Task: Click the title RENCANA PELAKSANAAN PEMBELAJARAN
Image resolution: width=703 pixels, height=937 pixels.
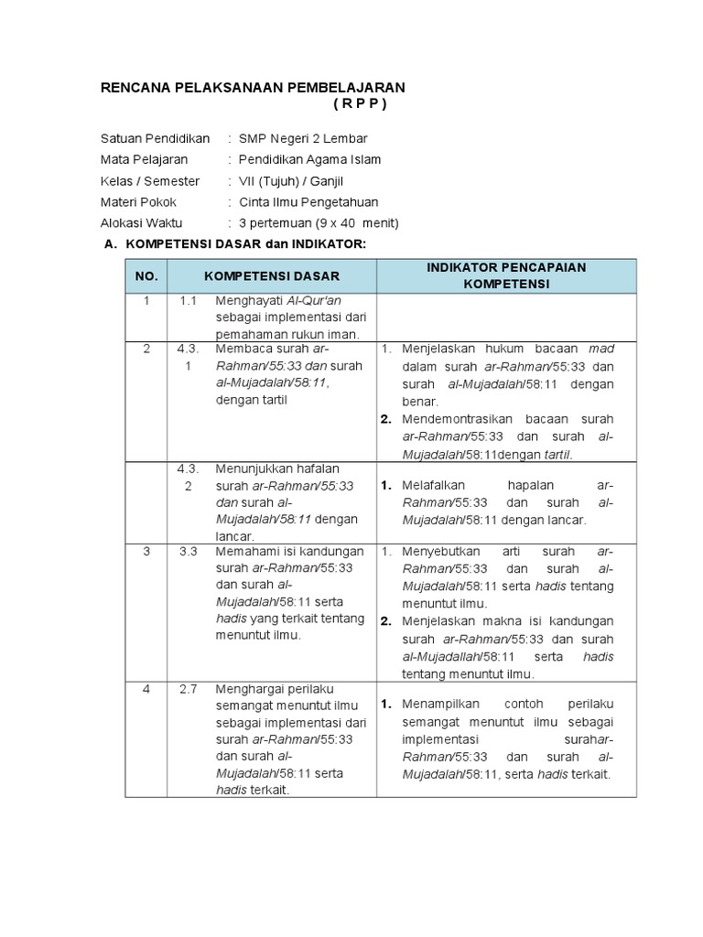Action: coord(252,86)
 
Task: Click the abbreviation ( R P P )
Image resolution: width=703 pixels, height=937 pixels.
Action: coord(360,103)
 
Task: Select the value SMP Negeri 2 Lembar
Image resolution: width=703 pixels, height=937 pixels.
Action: coord(303,138)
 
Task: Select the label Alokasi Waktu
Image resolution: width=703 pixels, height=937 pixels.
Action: coord(142,222)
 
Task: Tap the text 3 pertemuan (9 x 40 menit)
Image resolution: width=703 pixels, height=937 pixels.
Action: coord(319,222)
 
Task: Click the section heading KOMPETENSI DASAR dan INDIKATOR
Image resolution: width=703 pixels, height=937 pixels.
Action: coord(244,243)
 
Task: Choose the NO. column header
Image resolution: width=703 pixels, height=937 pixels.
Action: coord(146,275)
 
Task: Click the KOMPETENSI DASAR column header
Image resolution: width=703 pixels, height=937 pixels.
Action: coord(272,275)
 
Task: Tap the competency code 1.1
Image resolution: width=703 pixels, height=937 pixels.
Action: coord(189,301)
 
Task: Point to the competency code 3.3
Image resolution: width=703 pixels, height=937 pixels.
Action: coord(189,552)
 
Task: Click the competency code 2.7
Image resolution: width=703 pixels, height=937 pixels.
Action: coord(189,689)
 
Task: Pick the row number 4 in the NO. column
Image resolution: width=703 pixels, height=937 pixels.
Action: coord(146,689)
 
